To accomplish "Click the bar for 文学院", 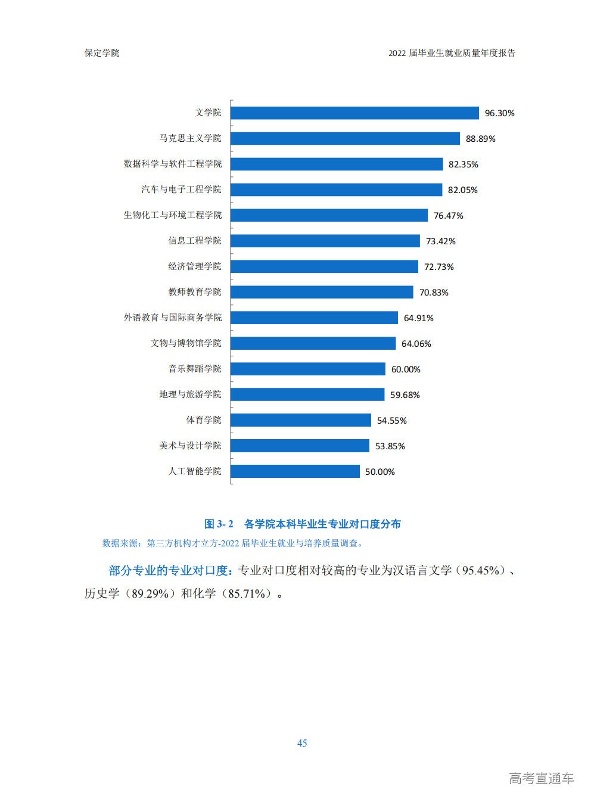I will click(354, 113).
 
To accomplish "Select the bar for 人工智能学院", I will click(295, 471).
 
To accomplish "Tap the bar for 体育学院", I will click(301, 420).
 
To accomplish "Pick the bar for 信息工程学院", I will click(325, 241).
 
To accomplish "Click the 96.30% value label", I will click(499, 113).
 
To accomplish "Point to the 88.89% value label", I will click(480, 139).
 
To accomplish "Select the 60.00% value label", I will click(406, 369).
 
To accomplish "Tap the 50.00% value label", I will click(380, 472).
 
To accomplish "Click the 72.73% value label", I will click(438, 267).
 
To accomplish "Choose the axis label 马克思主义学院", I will click(190, 138).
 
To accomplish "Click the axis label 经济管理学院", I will click(194, 266).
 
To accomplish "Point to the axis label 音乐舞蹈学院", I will click(194, 369).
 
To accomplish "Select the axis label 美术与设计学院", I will click(190, 446).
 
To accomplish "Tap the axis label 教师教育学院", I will click(194, 292).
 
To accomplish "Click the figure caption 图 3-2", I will click(302, 524).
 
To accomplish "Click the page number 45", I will click(302, 743).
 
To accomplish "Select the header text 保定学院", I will click(102, 53).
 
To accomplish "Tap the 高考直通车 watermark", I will click(541, 778).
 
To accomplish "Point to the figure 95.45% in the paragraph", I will click(480, 571).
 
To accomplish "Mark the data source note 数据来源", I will click(121, 543).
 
